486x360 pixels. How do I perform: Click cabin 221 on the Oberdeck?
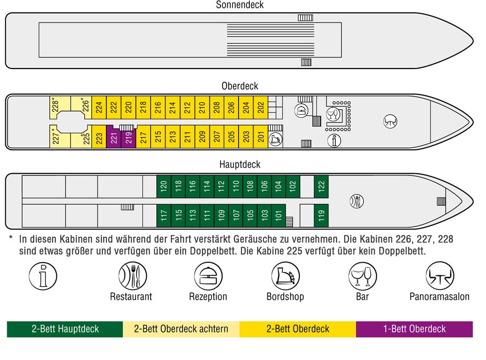coord(114,138)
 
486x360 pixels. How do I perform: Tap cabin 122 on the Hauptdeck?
coord(321,185)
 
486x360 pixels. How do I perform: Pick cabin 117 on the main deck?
coord(164,215)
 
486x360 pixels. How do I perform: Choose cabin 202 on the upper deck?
coord(260,107)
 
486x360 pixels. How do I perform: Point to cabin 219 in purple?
coord(128,140)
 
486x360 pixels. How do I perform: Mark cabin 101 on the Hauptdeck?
coord(278,215)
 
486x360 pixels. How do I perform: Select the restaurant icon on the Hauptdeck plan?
coord(357,200)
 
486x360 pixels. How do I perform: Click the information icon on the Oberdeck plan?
coord(334,140)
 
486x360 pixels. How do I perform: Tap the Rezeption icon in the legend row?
coord(208,276)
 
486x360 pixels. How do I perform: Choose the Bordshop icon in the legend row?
coord(285,276)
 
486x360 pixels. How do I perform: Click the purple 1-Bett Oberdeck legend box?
coord(414,329)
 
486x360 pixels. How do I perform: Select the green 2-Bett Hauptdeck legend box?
coord(65,329)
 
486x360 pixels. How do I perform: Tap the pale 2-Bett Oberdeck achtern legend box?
coord(181,329)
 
